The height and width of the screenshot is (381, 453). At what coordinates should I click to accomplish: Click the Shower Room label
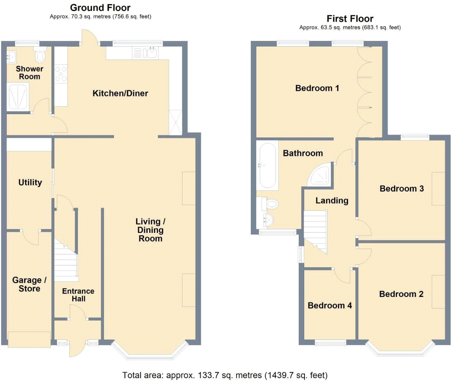click(x=29, y=73)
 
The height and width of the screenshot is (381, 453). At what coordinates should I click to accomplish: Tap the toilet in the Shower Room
click(x=40, y=56)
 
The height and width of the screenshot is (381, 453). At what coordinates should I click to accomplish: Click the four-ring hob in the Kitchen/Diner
click(x=60, y=74)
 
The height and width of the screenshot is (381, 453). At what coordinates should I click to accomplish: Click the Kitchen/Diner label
click(x=120, y=93)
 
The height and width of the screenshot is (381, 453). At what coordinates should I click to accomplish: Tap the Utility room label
click(x=30, y=182)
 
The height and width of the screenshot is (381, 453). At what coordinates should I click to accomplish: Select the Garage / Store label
click(x=29, y=284)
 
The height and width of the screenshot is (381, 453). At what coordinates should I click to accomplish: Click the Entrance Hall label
click(x=78, y=295)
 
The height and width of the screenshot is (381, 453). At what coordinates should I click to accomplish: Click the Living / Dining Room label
click(x=150, y=230)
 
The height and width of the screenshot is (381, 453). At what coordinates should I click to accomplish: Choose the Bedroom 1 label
click(x=317, y=88)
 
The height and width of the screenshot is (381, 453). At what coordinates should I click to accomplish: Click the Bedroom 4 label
click(x=330, y=306)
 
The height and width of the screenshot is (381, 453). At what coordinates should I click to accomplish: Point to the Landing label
click(x=332, y=201)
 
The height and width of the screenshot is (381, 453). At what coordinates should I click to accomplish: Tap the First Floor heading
click(x=350, y=19)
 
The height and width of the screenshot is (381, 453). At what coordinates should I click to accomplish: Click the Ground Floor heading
click(x=100, y=8)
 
